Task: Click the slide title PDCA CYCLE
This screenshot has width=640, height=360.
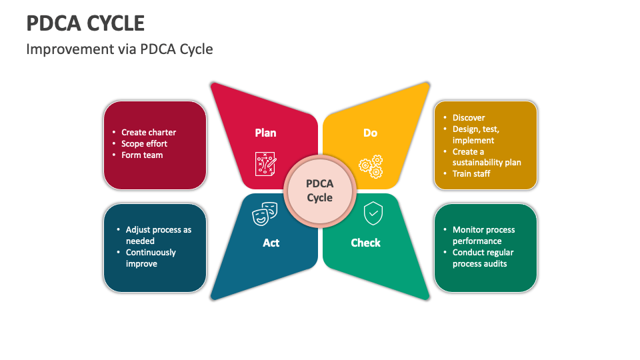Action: click(85, 23)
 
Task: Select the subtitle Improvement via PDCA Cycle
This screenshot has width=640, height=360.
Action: click(119, 49)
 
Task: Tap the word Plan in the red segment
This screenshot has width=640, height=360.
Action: click(265, 133)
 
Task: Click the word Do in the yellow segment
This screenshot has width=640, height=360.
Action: click(370, 133)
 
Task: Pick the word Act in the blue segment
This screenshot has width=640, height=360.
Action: click(271, 243)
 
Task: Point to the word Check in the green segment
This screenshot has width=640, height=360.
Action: click(365, 243)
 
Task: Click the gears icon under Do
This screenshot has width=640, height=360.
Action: click(371, 166)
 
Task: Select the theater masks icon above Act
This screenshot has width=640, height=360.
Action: click(264, 214)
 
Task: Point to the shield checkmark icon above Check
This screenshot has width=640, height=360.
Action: click(373, 214)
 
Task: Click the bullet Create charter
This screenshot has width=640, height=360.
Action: click(149, 132)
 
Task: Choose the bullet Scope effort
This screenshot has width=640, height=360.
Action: click(144, 143)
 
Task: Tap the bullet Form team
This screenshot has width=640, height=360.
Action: click(142, 155)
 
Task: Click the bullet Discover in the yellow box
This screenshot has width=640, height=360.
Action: click(469, 117)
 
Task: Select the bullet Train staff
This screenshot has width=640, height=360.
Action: click(471, 173)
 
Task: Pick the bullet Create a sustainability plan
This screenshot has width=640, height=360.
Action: click(486, 157)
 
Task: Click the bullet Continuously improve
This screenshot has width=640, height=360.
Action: click(151, 258)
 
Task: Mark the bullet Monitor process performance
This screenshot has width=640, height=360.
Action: click(483, 235)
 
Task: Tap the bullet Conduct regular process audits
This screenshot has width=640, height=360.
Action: click(483, 258)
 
